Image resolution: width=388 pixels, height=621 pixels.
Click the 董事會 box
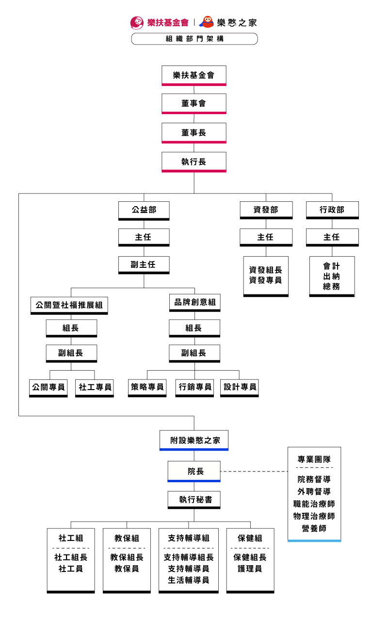(x=194, y=103)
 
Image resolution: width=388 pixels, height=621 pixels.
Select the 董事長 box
(x=194, y=132)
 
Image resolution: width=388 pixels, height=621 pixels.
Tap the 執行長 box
(x=194, y=162)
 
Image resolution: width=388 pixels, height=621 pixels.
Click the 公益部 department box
(x=144, y=210)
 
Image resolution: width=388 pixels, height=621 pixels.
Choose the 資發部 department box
(x=266, y=210)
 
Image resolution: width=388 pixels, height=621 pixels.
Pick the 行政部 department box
(x=332, y=210)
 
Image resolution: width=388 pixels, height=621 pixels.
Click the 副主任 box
(x=144, y=265)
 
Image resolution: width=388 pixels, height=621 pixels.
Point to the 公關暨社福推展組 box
(x=69, y=305)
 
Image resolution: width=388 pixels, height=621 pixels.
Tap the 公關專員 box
(x=48, y=388)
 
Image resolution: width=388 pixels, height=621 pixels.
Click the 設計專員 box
(x=239, y=388)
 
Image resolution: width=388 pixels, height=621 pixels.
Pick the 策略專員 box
(x=147, y=388)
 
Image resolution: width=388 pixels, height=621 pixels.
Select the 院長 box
(x=194, y=471)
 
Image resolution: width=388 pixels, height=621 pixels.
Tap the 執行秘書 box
(x=194, y=499)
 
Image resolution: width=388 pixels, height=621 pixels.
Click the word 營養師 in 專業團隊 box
(x=314, y=528)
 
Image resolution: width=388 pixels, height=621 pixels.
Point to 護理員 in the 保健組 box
(x=250, y=569)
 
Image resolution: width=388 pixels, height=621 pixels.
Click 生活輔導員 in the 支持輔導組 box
(x=188, y=580)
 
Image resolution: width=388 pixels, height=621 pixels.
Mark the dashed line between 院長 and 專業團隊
(x=254, y=471)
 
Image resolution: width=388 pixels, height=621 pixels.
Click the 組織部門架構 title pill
(x=194, y=39)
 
